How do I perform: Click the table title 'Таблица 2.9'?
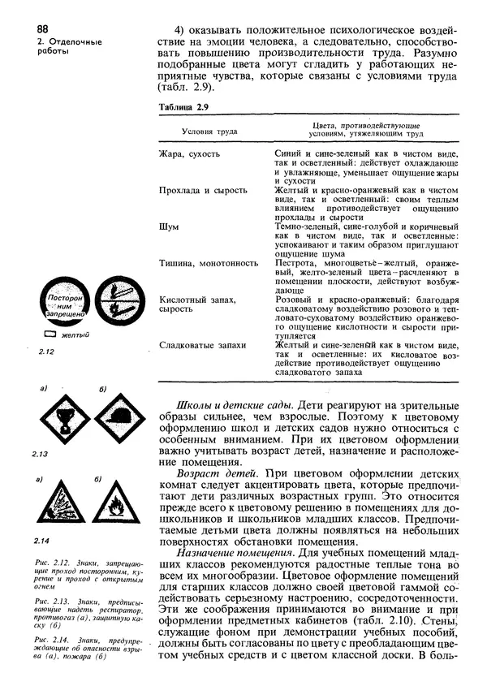click(x=183, y=106)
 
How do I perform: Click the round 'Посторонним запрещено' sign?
click(x=59, y=302)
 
